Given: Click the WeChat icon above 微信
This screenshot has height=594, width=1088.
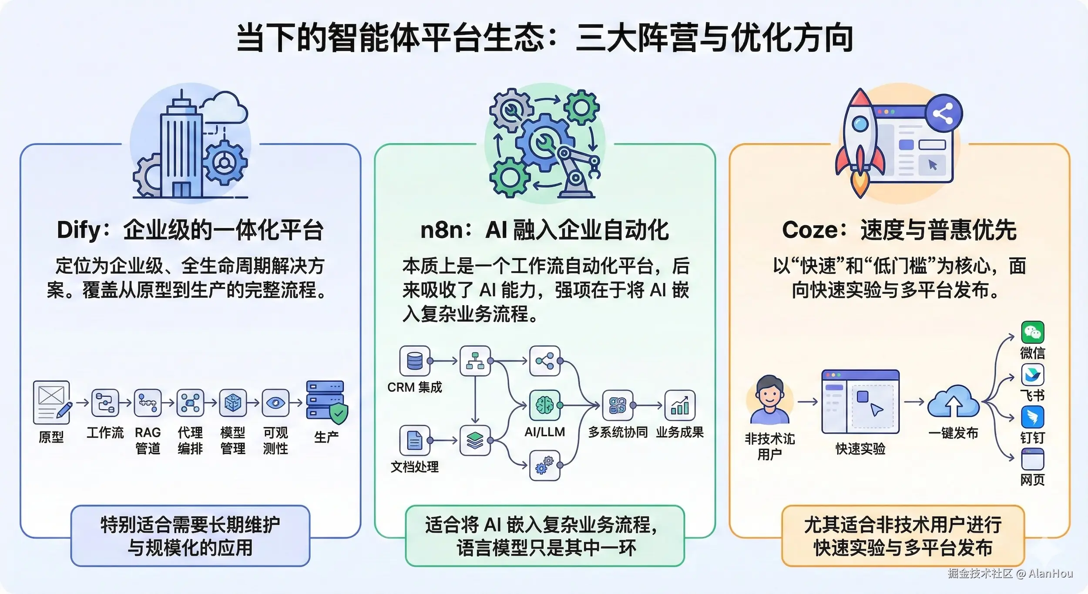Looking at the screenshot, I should [1032, 332].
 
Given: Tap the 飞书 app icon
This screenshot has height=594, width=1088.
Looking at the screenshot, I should [1032, 375].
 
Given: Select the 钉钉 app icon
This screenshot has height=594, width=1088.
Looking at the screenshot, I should [1032, 417].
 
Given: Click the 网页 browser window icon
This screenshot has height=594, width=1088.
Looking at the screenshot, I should [1032, 459].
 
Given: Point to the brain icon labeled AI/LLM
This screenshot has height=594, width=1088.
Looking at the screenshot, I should [544, 405].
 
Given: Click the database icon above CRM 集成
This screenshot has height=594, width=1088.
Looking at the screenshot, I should [415, 361].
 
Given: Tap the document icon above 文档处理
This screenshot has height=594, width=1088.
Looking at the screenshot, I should [415, 440].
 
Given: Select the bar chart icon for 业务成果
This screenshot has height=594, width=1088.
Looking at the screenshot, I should [680, 405].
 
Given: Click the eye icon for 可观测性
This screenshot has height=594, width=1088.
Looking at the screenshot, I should [275, 403].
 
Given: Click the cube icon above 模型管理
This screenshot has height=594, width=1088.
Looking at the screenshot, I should [233, 403].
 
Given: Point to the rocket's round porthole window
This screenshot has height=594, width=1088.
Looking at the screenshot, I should [860, 124].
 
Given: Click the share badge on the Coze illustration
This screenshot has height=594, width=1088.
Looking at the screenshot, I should [943, 115].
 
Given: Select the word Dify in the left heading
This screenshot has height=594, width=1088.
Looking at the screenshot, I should [78, 230].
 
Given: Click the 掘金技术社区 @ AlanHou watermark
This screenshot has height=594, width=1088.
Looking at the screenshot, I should [1010, 574].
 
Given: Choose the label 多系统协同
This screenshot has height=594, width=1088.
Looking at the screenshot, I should [618, 432].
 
